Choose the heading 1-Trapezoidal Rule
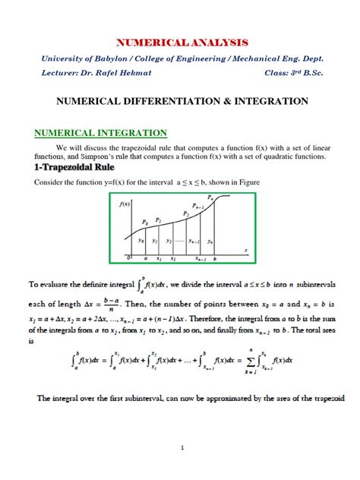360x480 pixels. tap(75, 168)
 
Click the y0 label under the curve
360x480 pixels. tap(141, 241)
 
